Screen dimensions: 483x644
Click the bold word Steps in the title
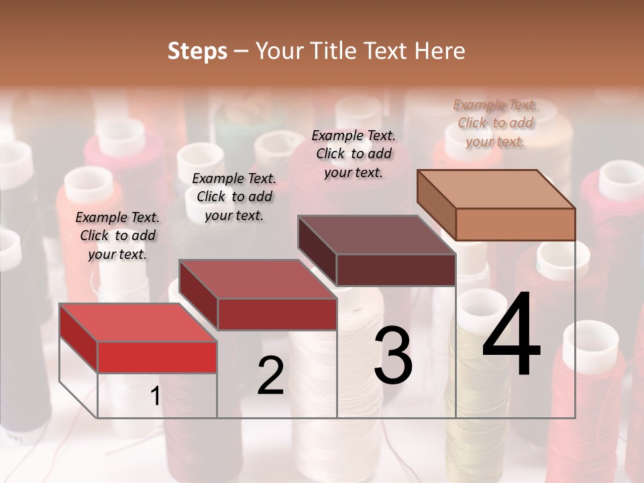[197, 51]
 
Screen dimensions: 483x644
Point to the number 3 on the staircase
[393, 356]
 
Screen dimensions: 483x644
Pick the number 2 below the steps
[270, 376]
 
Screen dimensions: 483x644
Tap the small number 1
[156, 396]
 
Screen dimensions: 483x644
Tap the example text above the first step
[117, 235]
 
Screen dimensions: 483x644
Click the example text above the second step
[234, 197]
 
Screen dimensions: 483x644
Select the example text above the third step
[354, 154]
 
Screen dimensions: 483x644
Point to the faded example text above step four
[495, 123]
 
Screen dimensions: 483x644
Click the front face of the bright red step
[157, 357]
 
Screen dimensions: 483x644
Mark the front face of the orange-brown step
[515, 224]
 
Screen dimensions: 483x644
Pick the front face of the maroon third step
[396, 270]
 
